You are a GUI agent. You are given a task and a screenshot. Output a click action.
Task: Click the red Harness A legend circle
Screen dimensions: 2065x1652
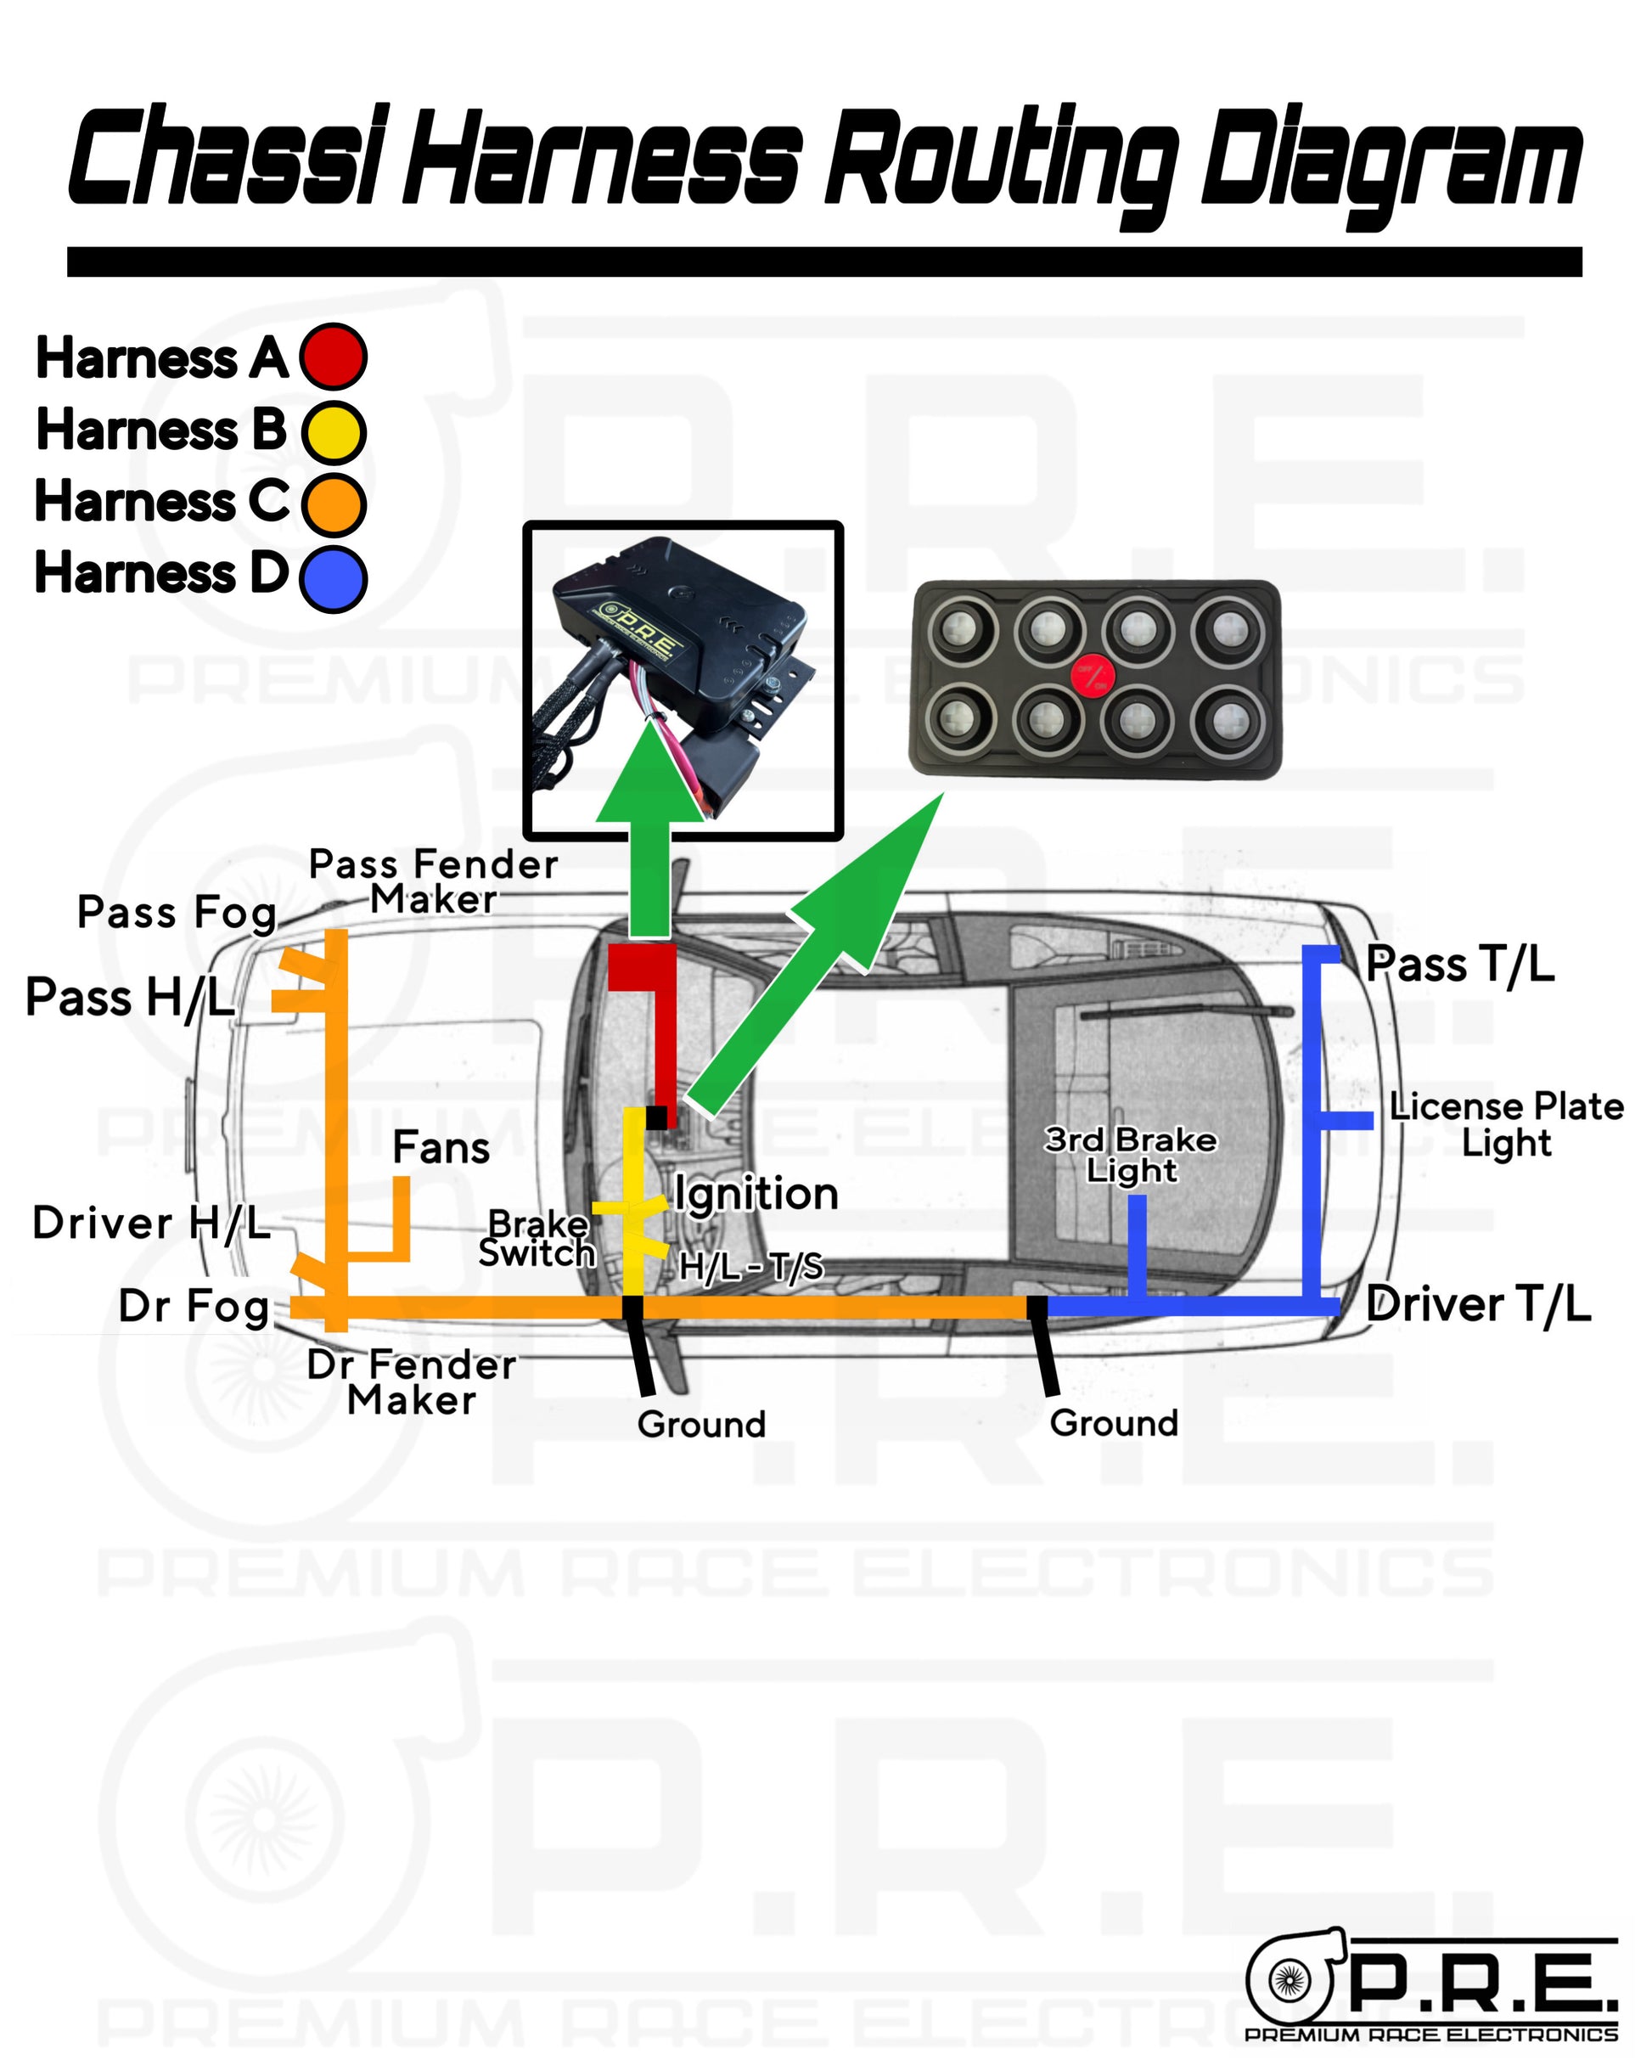click(x=332, y=357)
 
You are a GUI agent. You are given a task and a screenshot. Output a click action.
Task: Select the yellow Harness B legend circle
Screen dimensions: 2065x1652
click(x=332, y=431)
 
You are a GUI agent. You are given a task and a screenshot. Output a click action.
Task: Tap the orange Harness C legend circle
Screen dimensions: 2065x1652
click(x=332, y=504)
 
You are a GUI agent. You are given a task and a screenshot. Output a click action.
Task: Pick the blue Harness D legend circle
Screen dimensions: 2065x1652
click(x=332, y=577)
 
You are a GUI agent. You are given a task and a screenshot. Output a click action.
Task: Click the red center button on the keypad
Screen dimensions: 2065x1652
click(x=1093, y=675)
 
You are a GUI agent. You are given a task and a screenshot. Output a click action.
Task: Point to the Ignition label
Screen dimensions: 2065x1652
click(x=756, y=1194)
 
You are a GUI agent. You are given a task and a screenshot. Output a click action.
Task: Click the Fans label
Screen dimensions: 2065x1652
click(x=441, y=1147)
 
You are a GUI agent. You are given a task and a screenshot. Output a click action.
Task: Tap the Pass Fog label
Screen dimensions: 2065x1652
click(x=177, y=912)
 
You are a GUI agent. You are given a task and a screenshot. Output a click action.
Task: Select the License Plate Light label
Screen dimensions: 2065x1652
click(x=1505, y=1124)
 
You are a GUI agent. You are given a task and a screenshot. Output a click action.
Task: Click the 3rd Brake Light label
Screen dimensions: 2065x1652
click(x=1130, y=1154)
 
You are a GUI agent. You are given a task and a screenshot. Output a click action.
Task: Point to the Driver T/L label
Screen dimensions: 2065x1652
click(x=1478, y=1304)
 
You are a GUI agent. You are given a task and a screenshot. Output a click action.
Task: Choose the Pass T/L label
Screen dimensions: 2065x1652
click(x=1459, y=964)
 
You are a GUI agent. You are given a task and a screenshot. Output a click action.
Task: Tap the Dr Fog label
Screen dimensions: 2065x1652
click(x=194, y=1307)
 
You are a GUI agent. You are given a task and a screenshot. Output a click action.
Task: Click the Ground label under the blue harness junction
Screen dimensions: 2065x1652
click(x=1113, y=1423)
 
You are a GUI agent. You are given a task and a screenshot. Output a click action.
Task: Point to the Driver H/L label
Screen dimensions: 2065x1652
click(x=151, y=1223)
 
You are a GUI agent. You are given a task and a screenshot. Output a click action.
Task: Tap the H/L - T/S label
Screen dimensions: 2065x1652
click(x=750, y=1267)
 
